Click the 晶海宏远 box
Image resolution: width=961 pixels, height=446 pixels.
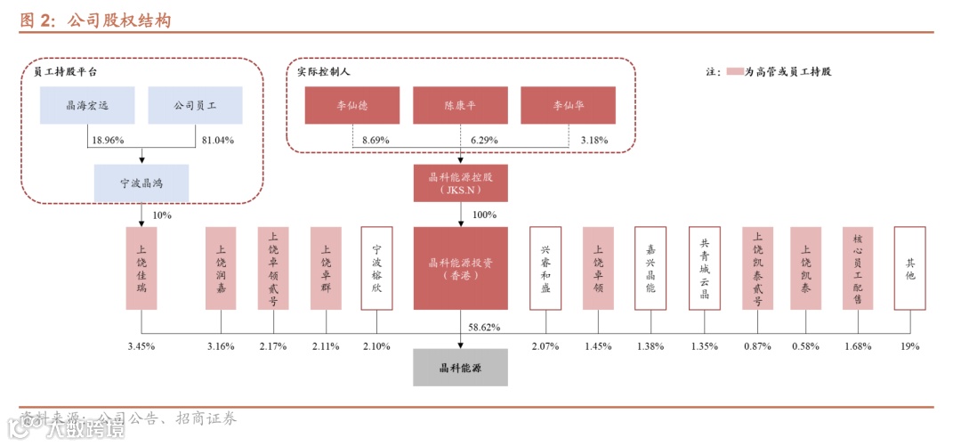(87, 105)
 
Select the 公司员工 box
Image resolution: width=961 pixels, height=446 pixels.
(196, 105)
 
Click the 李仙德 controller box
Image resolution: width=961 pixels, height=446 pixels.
(352, 105)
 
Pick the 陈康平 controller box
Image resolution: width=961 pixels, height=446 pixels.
(460, 105)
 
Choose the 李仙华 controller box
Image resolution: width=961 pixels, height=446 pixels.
(569, 105)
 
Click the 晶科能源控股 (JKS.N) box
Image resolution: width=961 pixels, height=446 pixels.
(460, 182)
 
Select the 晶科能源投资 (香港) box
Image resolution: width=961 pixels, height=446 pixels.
(460, 268)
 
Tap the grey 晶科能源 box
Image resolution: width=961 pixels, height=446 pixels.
(460, 367)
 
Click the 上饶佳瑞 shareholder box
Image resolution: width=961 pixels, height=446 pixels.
(141, 268)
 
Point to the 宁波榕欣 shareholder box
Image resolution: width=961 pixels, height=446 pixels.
(376, 268)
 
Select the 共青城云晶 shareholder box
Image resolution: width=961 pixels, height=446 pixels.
(705, 268)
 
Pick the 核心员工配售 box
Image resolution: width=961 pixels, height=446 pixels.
(858, 268)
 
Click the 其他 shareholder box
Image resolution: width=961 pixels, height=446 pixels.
(909, 268)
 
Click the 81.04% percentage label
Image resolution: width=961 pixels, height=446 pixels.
(218, 141)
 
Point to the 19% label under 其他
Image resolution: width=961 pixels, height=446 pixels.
(909, 346)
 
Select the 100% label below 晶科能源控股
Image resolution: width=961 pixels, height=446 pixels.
(484, 215)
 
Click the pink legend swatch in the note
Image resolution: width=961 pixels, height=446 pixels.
(734, 71)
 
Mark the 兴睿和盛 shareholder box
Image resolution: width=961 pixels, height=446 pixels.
(545, 268)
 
